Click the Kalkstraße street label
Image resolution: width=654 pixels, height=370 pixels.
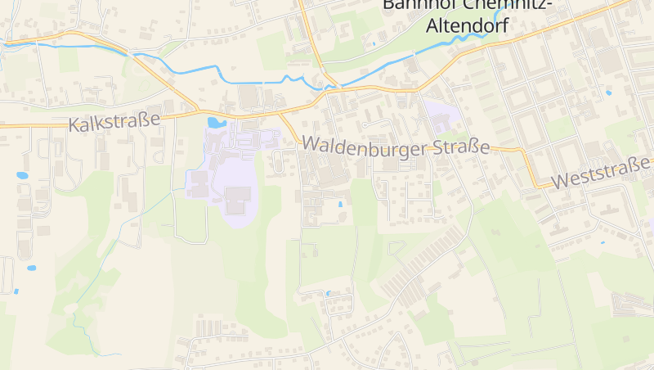tap(114, 124)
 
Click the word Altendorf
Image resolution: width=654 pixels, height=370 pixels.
tap(467, 25)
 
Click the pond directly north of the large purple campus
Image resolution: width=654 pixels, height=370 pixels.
tap(216, 123)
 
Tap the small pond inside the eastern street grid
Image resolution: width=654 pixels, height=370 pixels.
tap(609, 92)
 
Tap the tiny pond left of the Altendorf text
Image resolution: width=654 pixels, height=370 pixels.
tap(374, 43)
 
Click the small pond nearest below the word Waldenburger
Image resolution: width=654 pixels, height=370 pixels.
tap(341, 204)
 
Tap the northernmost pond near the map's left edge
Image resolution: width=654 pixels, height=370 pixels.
tap(21, 174)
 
